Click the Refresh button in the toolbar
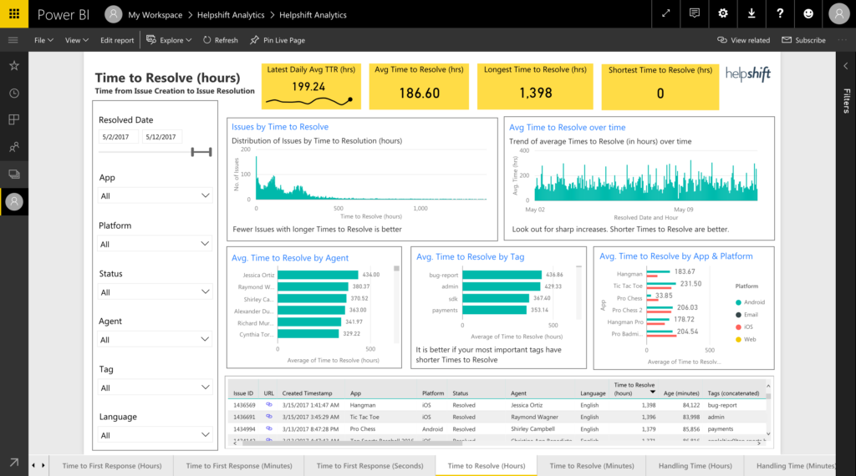click(220, 40)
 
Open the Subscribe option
click(803, 40)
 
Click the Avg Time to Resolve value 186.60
click(419, 93)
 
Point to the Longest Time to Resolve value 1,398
click(535, 93)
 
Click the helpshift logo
click(747, 73)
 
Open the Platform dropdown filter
click(155, 244)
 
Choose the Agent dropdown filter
click(155, 340)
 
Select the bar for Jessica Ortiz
click(317, 275)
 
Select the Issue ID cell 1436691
click(244, 417)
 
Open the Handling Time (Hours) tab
click(695, 465)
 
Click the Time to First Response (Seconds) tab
click(369, 465)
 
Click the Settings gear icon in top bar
click(723, 14)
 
